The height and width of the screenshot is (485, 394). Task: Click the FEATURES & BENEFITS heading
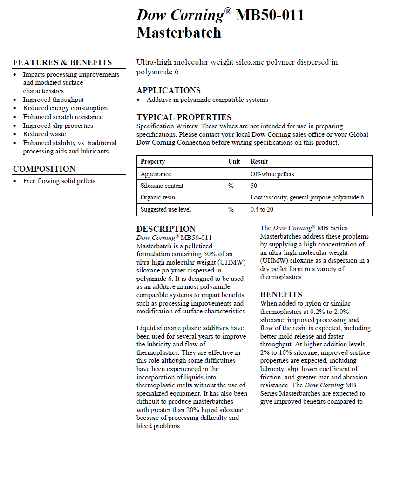[62, 62]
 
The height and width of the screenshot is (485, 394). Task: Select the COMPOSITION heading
[44, 169]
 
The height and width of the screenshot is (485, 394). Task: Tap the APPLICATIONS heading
[169, 90]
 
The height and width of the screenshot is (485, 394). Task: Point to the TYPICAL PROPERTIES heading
[184, 117]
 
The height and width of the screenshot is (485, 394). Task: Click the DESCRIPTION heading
[166, 229]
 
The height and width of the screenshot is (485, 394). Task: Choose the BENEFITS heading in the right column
[281, 294]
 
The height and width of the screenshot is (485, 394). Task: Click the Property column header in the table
[153, 161]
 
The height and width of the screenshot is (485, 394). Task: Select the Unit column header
[234, 161]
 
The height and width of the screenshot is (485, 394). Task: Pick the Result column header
[259, 161]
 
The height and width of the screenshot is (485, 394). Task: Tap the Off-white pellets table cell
[272, 174]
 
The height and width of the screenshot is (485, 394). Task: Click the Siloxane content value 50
[254, 186]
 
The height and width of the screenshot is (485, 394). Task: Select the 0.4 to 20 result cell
[261, 209]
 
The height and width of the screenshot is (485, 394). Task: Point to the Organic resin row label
[158, 197]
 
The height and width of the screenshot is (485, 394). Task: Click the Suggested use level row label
[165, 209]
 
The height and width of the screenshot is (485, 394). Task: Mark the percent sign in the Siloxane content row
[231, 186]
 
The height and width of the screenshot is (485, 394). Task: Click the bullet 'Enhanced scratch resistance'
[63, 117]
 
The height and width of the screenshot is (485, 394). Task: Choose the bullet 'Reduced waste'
[45, 134]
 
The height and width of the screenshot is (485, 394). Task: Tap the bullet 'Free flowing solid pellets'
[59, 181]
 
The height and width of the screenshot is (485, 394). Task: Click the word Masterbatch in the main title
[179, 33]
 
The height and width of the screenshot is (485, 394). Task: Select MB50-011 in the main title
[270, 15]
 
